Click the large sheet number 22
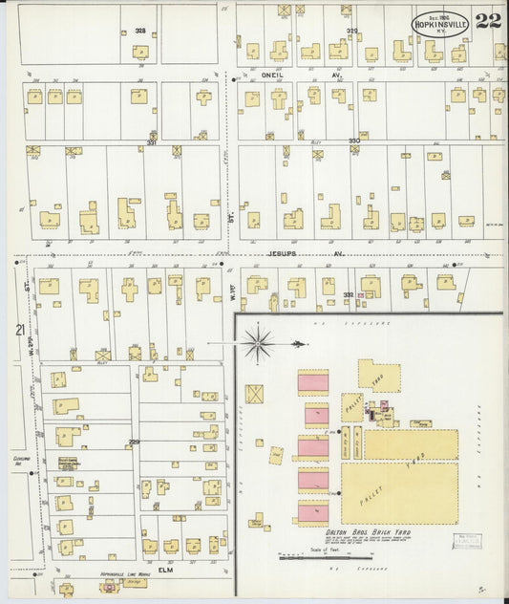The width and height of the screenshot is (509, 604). [487, 21]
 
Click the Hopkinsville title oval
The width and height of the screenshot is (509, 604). [441, 23]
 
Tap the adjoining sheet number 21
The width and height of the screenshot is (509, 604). [19, 330]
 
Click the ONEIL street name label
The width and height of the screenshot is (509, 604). [277, 73]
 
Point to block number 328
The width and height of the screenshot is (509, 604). [140, 31]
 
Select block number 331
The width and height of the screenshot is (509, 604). [151, 144]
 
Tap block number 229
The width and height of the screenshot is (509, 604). [134, 442]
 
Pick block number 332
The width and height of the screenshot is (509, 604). [349, 294]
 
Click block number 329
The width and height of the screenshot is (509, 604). [351, 31]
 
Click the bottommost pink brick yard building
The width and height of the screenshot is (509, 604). [313, 511]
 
